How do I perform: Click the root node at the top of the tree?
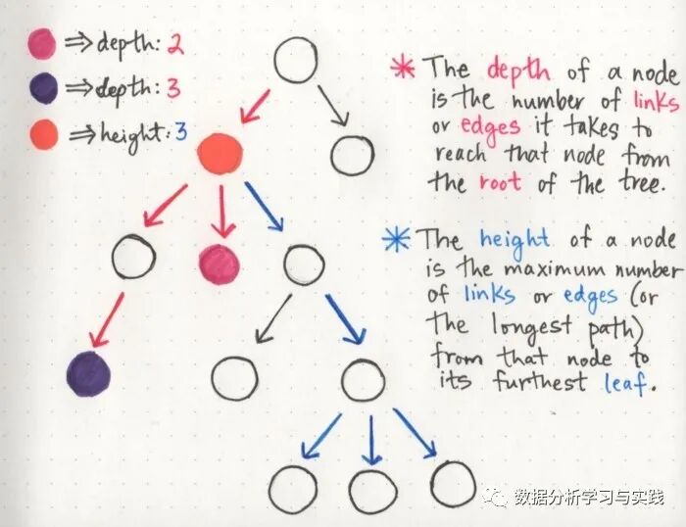coord(296,61)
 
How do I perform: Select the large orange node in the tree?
coord(220,154)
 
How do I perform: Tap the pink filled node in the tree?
coord(220,262)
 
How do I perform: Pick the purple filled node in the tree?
coord(88,374)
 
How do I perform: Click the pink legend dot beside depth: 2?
coord(42,43)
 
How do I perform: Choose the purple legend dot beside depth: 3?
coord(42,89)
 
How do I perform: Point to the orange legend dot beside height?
coord(42,133)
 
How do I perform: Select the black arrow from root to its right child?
coord(332,105)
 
